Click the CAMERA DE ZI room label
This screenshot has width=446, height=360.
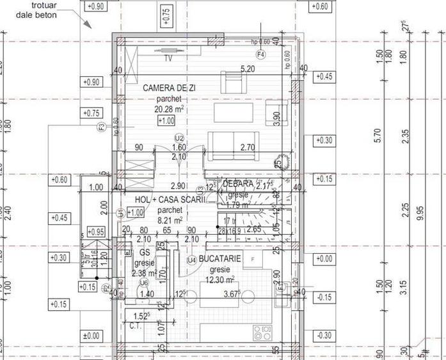tap(169, 87)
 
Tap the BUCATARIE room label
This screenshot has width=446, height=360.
tap(219, 258)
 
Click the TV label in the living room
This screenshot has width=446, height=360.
tap(168, 58)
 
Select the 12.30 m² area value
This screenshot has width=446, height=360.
tap(219, 279)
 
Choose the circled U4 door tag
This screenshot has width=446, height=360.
tap(191, 260)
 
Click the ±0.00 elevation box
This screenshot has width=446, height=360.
tap(92, 335)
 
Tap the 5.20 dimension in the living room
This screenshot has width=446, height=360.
tap(247, 68)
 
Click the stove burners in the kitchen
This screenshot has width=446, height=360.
tap(262, 333)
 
